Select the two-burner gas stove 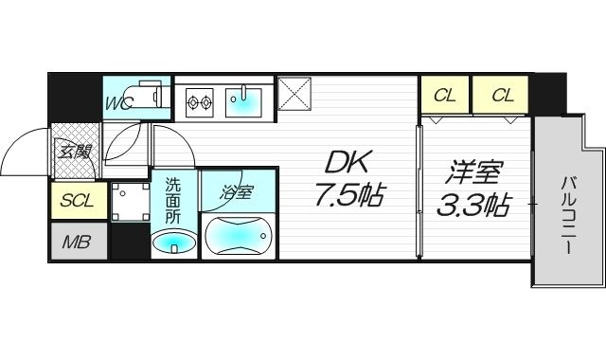(200, 98)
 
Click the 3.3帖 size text (473, 205)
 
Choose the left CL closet (445, 96)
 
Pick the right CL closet (502, 96)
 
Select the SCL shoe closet (77, 200)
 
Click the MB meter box (77, 242)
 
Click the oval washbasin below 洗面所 (173, 245)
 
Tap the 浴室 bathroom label (238, 192)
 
